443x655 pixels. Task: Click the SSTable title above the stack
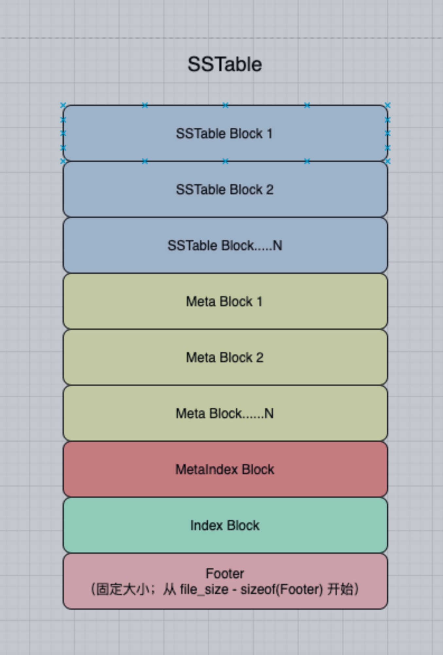point(225,64)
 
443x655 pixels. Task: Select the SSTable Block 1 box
point(225,133)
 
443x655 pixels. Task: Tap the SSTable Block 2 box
point(225,189)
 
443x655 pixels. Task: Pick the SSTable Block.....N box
point(225,245)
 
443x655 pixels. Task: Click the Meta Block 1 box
point(225,301)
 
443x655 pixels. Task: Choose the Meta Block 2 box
point(225,357)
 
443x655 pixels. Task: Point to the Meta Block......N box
point(225,413)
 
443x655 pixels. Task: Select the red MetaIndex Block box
point(225,469)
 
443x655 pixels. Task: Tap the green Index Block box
point(225,525)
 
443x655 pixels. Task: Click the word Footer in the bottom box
point(225,573)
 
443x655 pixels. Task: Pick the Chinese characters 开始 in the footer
point(340,589)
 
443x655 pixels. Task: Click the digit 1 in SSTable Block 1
point(270,134)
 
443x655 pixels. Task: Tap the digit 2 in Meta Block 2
point(260,358)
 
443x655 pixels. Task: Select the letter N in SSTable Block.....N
point(277,246)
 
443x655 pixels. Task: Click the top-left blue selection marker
point(63,105)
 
